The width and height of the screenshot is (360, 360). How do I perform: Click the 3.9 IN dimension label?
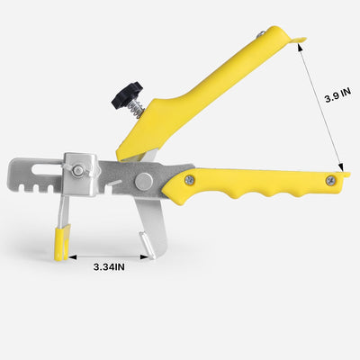[x=337, y=95]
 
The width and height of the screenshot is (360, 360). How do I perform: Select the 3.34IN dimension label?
[x=109, y=266]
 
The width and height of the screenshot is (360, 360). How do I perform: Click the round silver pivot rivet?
[x=144, y=182]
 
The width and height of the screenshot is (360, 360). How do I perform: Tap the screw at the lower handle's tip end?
[x=331, y=181]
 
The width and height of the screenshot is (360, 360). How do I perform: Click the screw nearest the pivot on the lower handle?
[x=189, y=180]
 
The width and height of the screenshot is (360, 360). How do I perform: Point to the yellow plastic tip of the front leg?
[x=62, y=242]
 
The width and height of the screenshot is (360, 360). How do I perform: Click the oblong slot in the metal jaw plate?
[x=47, y=169]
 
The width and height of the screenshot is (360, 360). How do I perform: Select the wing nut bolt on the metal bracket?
[x=77, y=171]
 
